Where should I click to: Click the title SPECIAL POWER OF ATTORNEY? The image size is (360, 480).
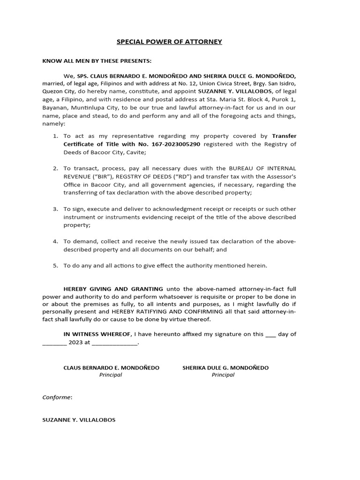169,42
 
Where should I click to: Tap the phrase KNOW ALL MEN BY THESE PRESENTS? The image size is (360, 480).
97,61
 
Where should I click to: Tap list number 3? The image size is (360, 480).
55,209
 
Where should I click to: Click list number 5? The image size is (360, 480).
55,265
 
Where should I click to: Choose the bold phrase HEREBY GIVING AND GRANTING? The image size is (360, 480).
113,289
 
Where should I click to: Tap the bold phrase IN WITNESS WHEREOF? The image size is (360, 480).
98,334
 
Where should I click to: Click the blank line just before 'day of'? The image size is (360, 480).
270,335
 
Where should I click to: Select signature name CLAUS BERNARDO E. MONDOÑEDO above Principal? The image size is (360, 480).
111,368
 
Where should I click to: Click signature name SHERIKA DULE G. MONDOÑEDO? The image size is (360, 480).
225,368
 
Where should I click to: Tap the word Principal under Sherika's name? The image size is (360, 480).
223,375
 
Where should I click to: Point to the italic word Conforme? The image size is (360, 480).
57,397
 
